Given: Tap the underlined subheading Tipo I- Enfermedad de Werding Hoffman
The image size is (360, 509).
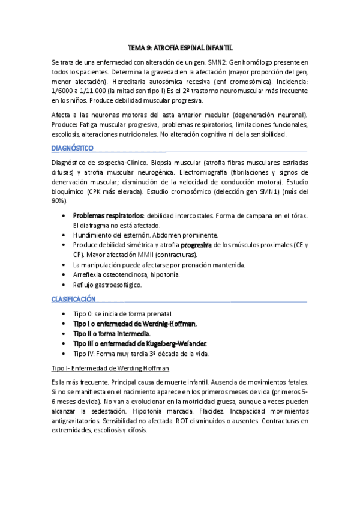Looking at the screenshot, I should point(110,367).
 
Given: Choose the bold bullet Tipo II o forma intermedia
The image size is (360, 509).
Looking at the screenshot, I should point(112,333).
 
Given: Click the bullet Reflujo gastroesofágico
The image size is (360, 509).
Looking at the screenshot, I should point(107,285).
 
